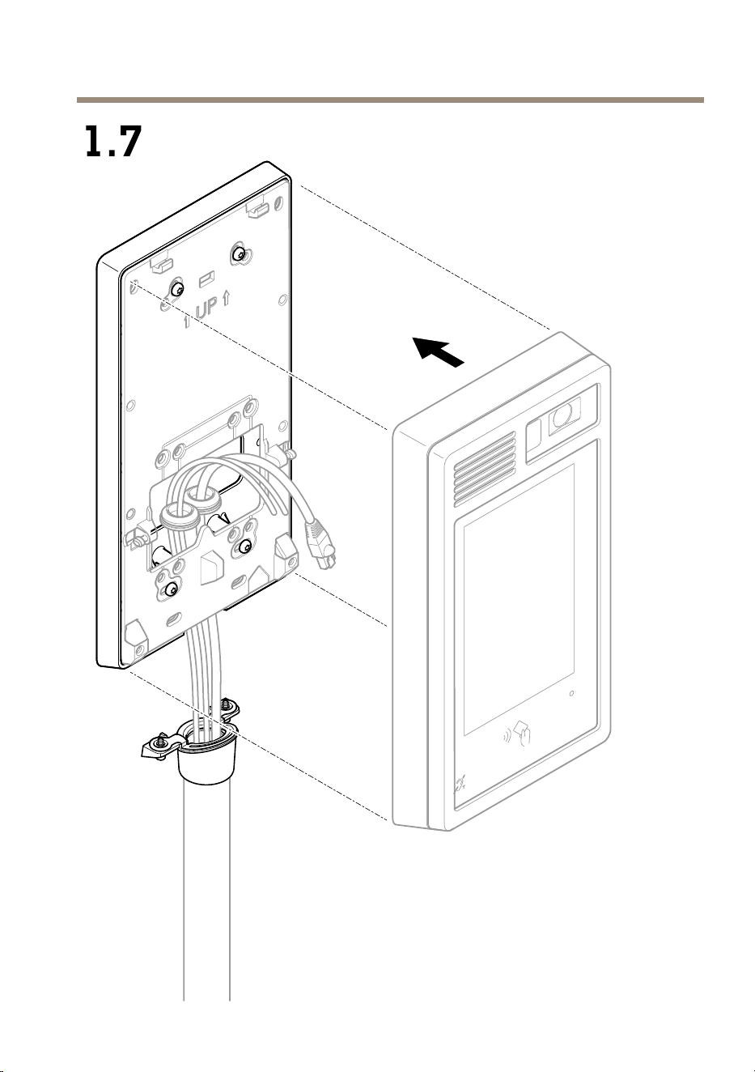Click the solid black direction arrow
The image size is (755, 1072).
point(439,351)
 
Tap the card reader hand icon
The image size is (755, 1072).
point(524,738)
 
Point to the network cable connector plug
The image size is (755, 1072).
point(319,542)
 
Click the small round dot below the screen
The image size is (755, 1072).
point(571,693)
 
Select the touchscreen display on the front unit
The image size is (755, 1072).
point(519,598)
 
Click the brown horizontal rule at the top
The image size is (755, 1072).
point(390,100)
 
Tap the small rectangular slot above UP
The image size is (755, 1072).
point(206,278)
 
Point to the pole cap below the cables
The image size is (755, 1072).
point(206,756)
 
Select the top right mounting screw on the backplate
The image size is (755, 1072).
point(238,253)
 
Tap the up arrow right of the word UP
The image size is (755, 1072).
point(227,299)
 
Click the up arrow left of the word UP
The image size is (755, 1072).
point(187,321)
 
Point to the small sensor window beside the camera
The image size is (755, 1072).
point(534,438)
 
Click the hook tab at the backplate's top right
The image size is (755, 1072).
point(257,209)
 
